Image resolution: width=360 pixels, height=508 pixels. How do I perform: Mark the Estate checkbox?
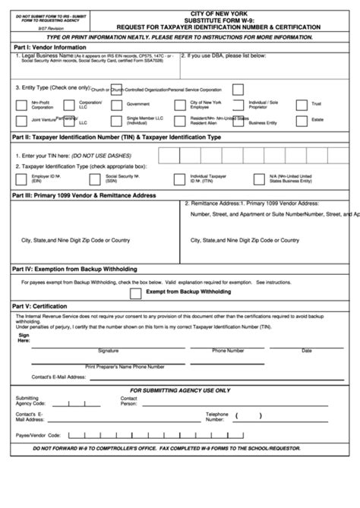coord(302,120)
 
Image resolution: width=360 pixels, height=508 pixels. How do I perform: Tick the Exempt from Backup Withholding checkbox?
coord(135,292)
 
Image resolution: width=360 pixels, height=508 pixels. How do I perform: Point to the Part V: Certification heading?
coord(43,306)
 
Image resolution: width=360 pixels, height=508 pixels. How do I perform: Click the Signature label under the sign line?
coord(108,351)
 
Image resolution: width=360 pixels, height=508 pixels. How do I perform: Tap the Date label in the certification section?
coord(306,351)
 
